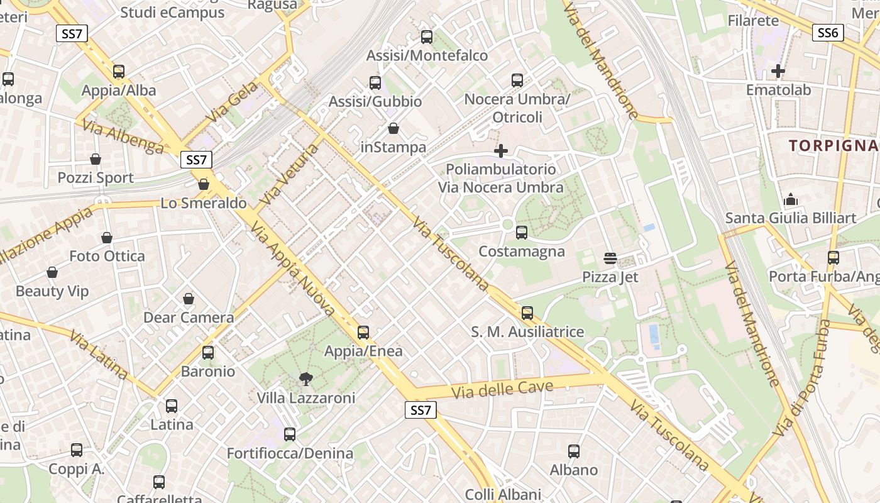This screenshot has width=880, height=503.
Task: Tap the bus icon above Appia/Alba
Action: tap(119, 72)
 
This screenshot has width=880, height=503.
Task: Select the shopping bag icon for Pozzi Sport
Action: tap(96, 159)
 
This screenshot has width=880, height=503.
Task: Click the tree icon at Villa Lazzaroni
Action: tap(306, 379)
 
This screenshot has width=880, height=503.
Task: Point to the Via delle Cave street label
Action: tap(502, 389)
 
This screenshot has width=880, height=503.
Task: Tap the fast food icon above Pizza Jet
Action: tap(610, 258)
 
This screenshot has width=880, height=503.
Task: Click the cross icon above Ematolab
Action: tap(778, 71)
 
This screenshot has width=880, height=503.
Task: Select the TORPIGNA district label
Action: tap(833, 146)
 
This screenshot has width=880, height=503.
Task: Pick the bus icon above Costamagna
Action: tap(521, 233)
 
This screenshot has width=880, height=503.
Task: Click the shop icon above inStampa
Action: tap(393, 128)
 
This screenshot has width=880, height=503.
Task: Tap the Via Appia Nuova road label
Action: tap(293, 269)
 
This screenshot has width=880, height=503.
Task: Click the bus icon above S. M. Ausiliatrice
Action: tap(527, 312)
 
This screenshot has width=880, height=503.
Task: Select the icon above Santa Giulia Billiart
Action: tap(791, 200)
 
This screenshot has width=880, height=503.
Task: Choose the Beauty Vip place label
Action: tap(52, 291)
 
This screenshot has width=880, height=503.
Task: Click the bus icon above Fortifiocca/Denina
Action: tap(290, 434)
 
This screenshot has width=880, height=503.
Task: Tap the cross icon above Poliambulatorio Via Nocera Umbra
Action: tap(501, 151)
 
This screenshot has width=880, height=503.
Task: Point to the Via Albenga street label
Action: tap(123, 137)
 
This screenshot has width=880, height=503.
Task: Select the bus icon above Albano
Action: tap(574, 451)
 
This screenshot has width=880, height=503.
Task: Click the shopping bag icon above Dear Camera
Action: tap(189, 299)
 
